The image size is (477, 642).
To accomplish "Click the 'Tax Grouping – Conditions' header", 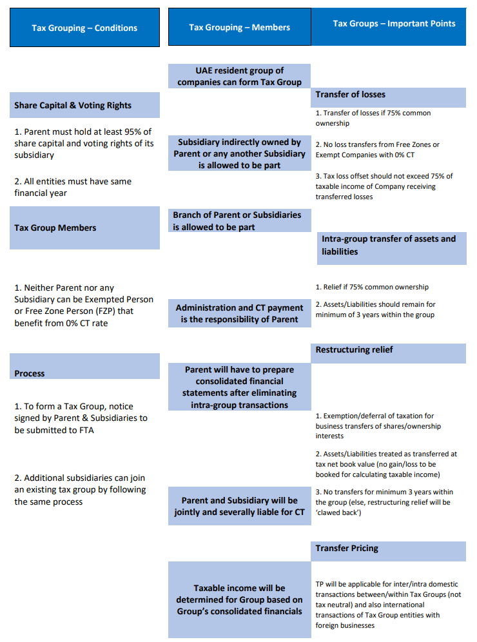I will [84, 28].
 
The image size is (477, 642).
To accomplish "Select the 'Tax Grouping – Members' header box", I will [239, 27].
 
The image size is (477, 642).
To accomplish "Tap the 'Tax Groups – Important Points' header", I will [394, 24].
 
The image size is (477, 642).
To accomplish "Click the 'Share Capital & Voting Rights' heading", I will [73, 105].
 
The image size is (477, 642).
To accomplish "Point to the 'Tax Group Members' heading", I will [55, 228].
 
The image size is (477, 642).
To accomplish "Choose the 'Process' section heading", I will [30, 373].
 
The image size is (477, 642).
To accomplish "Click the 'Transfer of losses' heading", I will [350, 95].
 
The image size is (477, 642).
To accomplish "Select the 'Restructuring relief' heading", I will [354, 350].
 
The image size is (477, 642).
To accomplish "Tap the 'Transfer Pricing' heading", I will [347, 549].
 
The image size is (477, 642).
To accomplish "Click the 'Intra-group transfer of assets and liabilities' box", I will [389, 245].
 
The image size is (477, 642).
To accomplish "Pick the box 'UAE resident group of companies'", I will [239, 76].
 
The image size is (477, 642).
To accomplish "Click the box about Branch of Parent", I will [237, 220].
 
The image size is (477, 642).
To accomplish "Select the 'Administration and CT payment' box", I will [239, 313].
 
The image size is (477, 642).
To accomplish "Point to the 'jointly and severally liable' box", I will [239, 506].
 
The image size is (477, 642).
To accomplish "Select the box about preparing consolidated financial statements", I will [239, 387].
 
